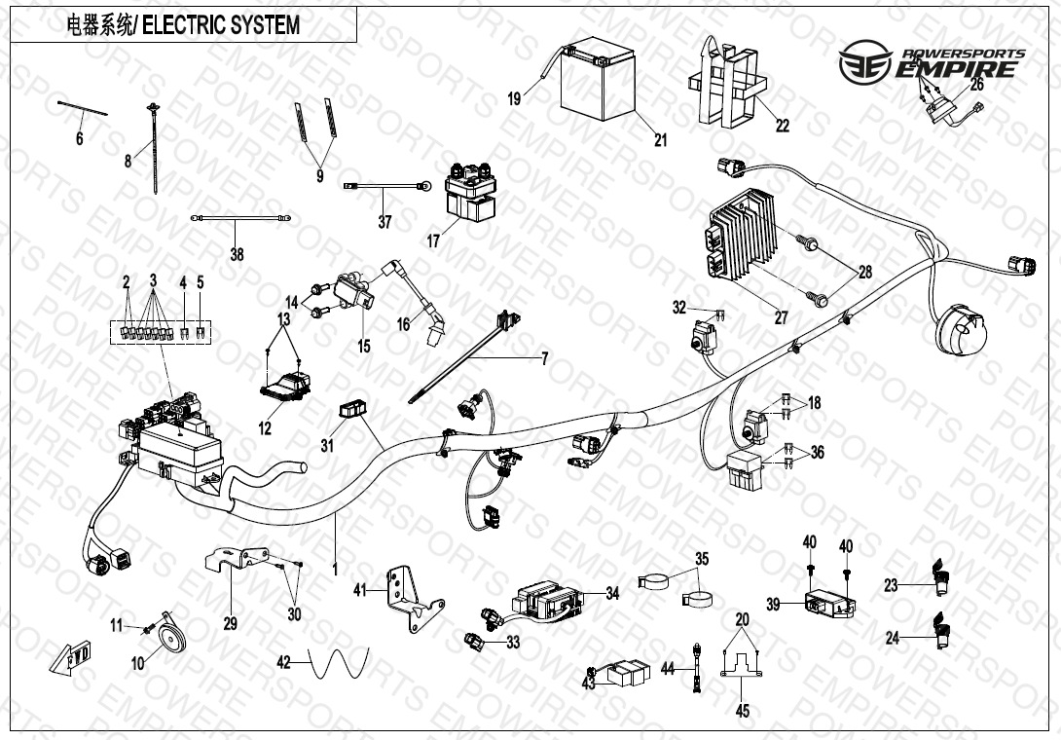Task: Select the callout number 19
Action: click(514, 98)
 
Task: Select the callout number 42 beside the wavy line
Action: click(284, 662)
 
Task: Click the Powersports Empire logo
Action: click(933, 63)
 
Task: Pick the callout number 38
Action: click(238, 255)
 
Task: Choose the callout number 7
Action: click(544, 359)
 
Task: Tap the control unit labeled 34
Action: click(551, 598)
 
